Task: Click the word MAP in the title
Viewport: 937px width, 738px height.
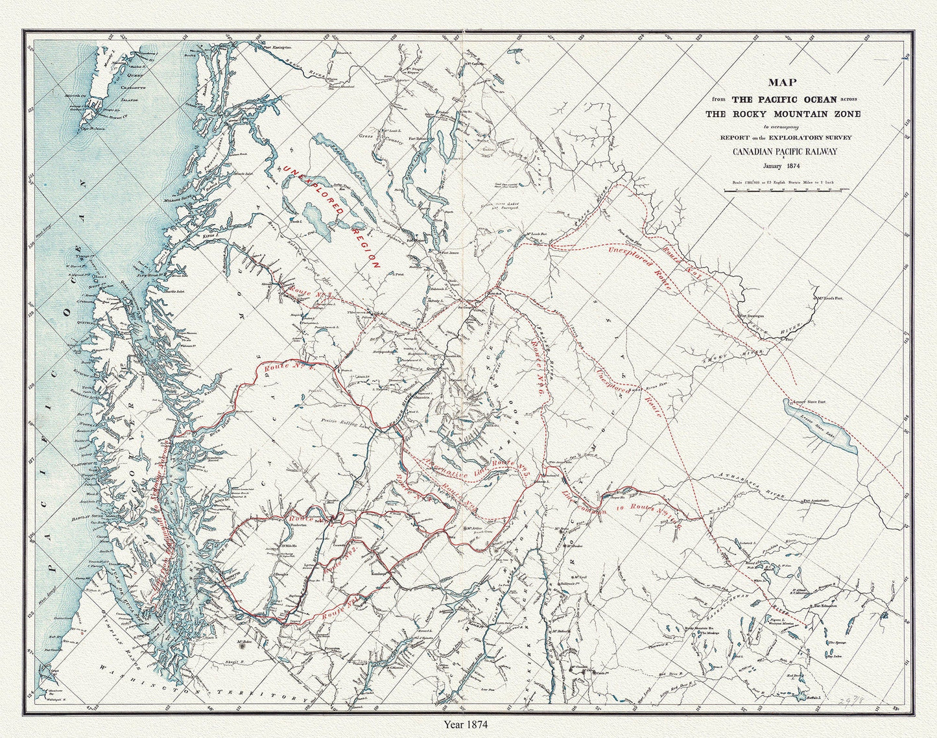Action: click(x=784, y=82)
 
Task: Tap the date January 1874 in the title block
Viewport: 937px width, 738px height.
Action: click(x=785, y=166)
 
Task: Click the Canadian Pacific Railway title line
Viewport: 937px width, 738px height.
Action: click(x=785, y=152)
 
